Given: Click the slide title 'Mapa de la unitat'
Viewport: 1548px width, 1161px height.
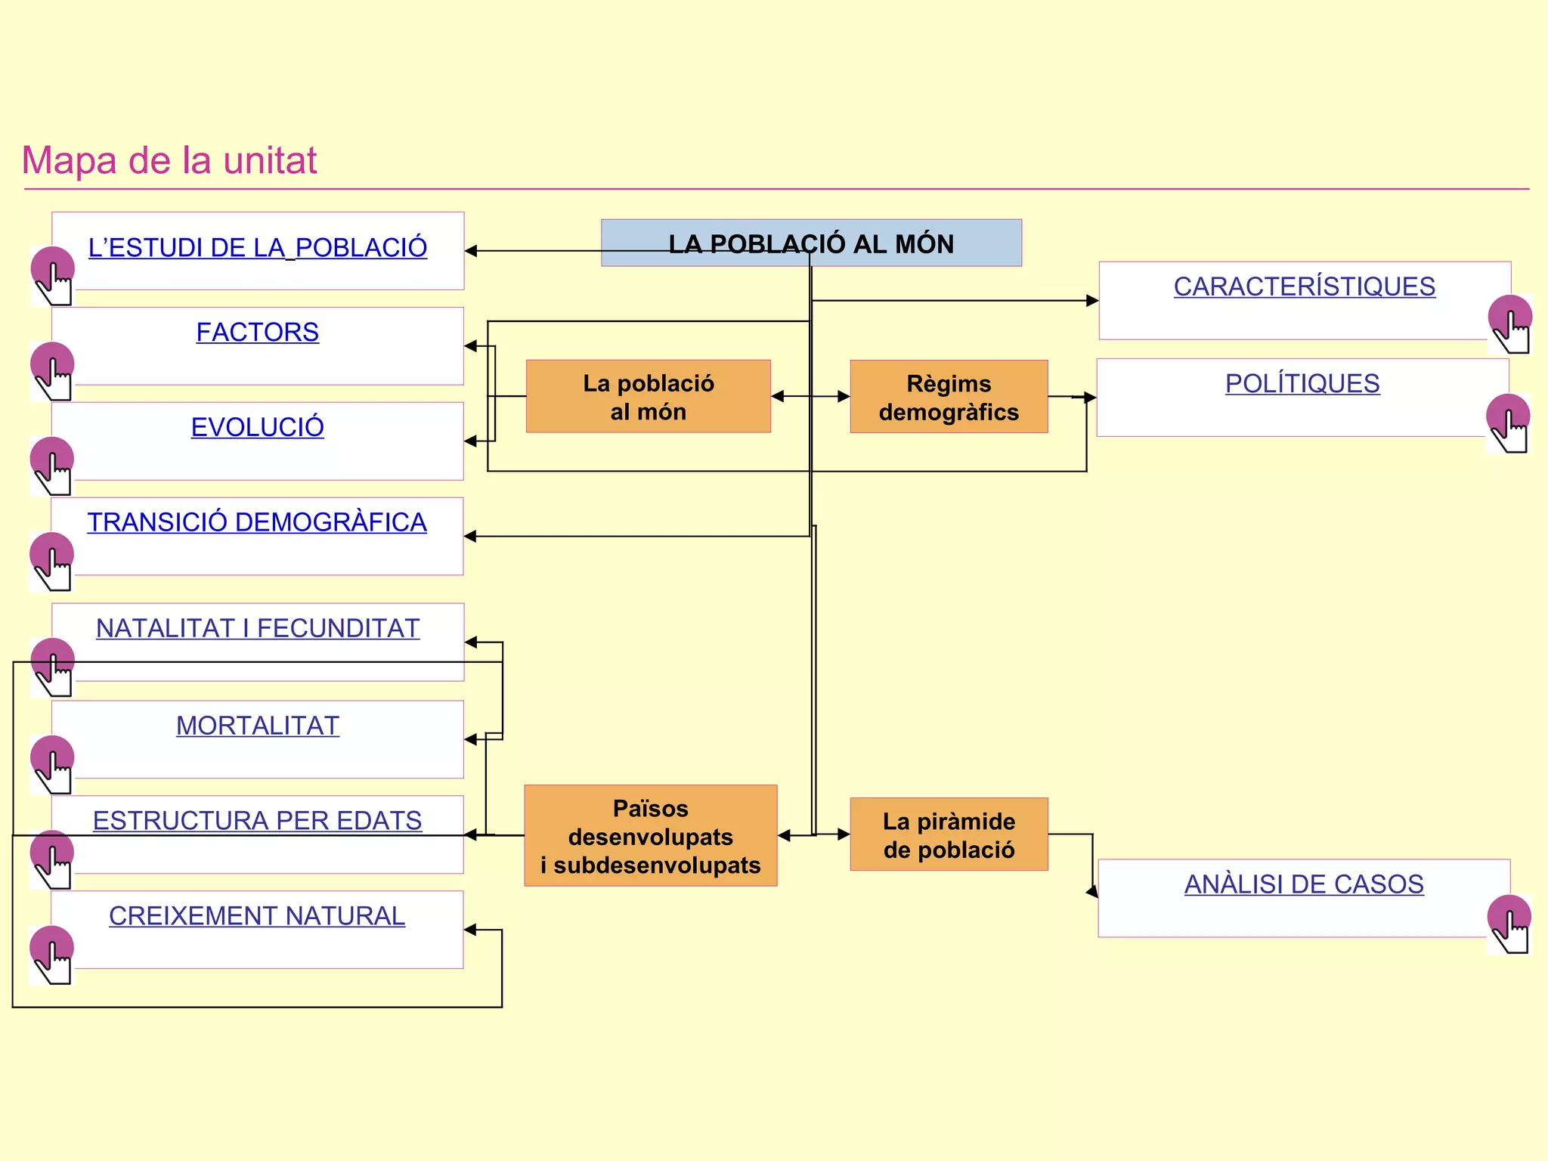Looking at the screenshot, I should click(169, 160).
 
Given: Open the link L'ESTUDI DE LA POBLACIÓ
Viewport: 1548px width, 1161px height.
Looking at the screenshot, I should click(257, 248).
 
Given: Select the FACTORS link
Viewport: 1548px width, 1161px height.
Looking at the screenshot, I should click(257, 333).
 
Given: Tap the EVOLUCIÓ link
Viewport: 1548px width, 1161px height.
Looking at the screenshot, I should click(257, 428).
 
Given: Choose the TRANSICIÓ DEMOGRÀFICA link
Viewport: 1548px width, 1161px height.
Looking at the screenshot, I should click(257, 522).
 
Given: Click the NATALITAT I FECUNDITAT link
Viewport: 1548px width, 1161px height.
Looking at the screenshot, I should click(257, 628).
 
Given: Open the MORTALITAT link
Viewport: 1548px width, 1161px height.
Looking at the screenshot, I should click(257, 726).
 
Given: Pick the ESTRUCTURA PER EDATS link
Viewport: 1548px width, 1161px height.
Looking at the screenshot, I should click(257, 821).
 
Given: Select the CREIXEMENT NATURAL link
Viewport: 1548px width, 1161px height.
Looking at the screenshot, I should click(257, 916).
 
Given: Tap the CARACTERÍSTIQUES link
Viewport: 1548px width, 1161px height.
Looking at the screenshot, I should click(1304, 287).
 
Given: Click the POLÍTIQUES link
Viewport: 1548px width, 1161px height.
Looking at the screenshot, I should click(1302, 384).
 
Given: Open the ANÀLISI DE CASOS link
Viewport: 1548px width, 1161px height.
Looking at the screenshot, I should click(1304, 884).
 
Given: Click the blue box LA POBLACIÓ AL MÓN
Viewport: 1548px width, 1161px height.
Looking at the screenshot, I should click(811, 243).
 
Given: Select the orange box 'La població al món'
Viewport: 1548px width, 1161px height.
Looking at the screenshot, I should click(648, 397).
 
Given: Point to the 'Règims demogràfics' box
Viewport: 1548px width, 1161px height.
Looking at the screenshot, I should click(949, 397).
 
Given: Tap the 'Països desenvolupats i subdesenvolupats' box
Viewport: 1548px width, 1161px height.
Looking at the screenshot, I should click(650, 836).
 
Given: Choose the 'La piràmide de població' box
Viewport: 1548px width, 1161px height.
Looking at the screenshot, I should click(949, 834).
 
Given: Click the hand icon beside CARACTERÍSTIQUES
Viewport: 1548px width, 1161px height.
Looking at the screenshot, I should click(1509, 324).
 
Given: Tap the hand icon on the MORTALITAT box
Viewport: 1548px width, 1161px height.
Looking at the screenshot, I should click(53, 764).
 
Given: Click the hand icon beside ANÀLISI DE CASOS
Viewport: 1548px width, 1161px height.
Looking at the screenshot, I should click(1509, 924).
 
